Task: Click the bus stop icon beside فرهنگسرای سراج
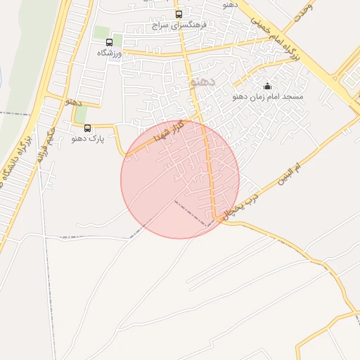click(x=179, y=14)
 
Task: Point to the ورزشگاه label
click(x=109, y=53)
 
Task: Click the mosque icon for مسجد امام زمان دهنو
click(x=267, y=86)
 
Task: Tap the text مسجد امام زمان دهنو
click(x=267, y=96)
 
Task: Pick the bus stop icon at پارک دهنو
click(x=87, y=128)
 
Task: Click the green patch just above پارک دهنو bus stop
click(x=82, y=113)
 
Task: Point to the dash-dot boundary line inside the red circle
click(x=191, y=214)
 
